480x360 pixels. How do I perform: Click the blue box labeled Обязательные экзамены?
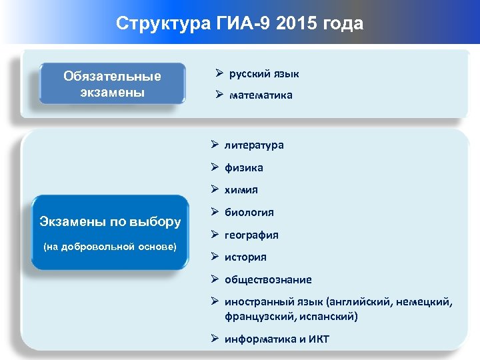point(112,84)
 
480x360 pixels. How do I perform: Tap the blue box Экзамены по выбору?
point(110,232)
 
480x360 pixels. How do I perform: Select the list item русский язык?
point(264,73)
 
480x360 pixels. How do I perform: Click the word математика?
point(261,95)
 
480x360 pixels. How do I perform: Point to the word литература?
point(253,145)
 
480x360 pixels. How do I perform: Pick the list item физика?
point(243,167)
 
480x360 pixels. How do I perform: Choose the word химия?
point(241,190)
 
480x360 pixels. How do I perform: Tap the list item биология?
point(249,213)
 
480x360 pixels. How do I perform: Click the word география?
point(251,235)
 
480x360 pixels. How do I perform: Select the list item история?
point(245,257)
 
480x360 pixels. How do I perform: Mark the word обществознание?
point(268,280)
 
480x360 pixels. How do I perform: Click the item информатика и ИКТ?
point(277,339)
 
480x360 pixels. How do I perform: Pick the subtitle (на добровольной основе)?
point(110,247)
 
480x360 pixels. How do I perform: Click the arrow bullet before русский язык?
point(218,73)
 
